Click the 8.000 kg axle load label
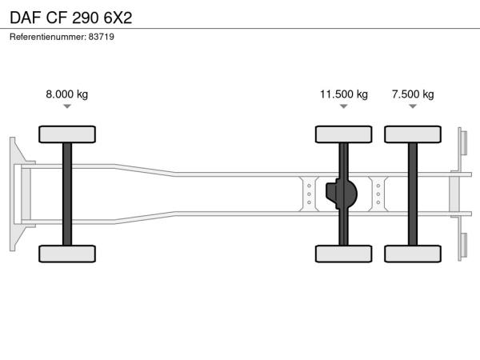tap(66, 94)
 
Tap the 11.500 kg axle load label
tap(344, 94)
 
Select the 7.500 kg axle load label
tap(413, 94)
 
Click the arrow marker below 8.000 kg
tap(67, 106)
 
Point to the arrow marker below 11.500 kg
tap(344, 106)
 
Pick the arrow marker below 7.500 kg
tap(413, 106)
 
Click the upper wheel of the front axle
tap(67, 134)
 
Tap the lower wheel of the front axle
tap(67, 254)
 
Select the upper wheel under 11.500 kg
tap(344, 134)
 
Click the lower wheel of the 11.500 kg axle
tap(344, 254)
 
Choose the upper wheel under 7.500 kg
tap(413, 134)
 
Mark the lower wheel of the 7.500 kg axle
tap(413, 254)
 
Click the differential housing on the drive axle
tap(342, 194)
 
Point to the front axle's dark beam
tap(67, 194)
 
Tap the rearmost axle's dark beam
tap(413, 194)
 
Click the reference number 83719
tap(102, 37)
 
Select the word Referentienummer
tap(48, 37)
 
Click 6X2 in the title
tap(118, 18)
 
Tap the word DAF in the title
tap(26, 18)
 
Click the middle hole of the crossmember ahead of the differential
tap(309, 194)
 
